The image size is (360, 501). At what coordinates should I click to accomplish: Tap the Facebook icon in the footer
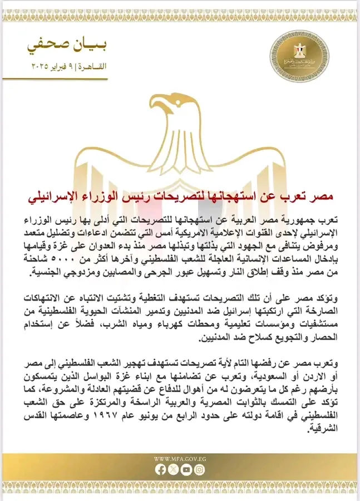pyautogui.click(x=161, y=469)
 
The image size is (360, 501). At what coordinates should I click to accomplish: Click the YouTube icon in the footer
pyautogui.click(x=186, y=469)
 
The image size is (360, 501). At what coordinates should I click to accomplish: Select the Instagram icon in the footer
pyautogui.click(x=199, y=469)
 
